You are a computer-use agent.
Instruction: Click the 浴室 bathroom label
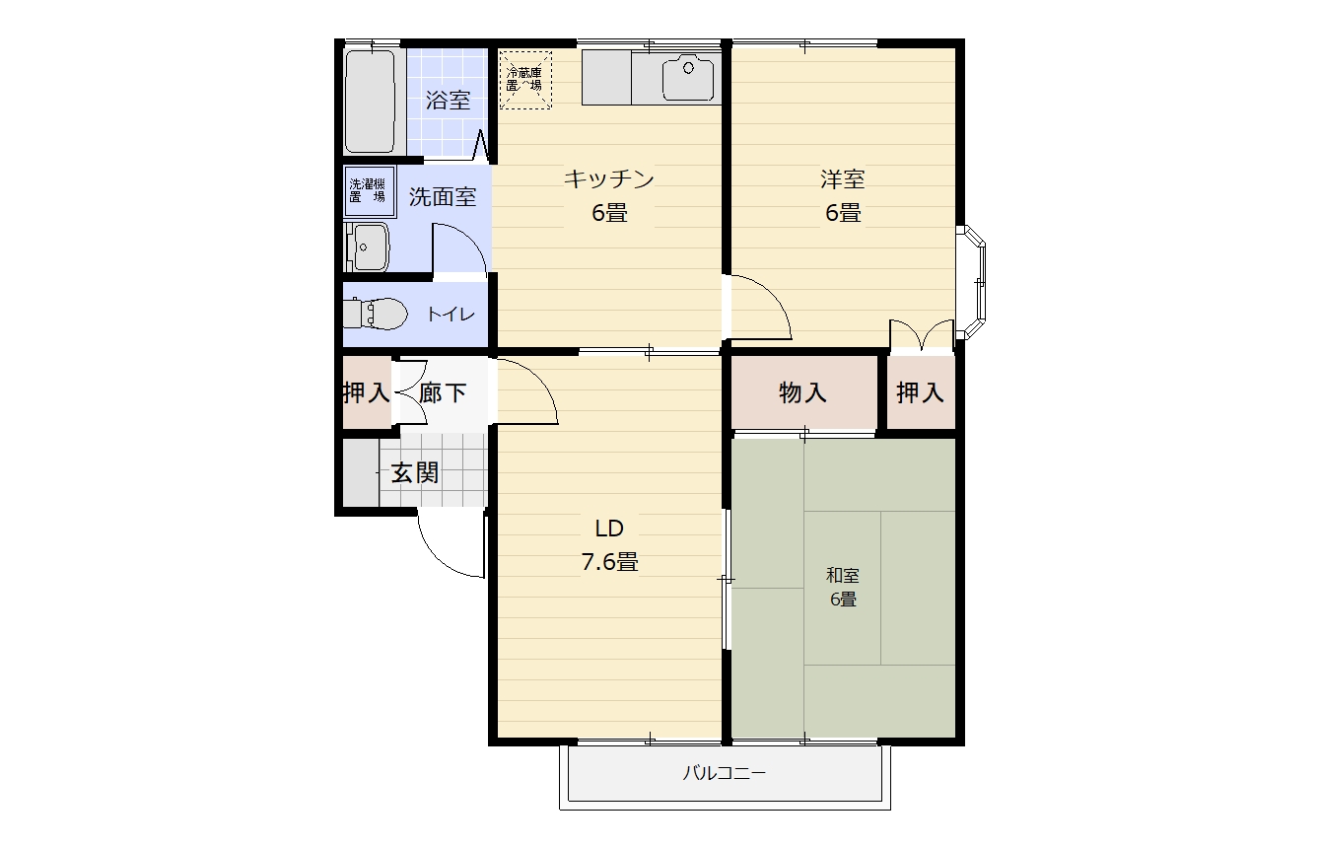click(448, 100)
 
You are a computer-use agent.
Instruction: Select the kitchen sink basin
click(688, 79)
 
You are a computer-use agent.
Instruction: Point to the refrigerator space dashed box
click(524, 79)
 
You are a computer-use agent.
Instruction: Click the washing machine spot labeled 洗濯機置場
click(367, 190)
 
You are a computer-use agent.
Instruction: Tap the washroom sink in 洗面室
click(370, 246)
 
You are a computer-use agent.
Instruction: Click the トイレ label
click(451, 315)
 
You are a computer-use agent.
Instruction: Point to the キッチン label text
click(609, 179)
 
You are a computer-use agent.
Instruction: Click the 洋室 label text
click(843, 179)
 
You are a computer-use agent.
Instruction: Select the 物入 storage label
click(803, 392)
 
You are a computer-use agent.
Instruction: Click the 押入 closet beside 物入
click(920, 392)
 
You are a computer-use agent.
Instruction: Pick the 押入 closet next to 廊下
click(366, 392)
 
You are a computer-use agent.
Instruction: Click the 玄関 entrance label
click(415, 472)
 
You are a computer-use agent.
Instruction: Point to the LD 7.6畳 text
click(609, 544)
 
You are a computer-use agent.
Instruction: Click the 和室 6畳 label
click(843, 587)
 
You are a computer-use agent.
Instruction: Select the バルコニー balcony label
click(725, 773)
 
